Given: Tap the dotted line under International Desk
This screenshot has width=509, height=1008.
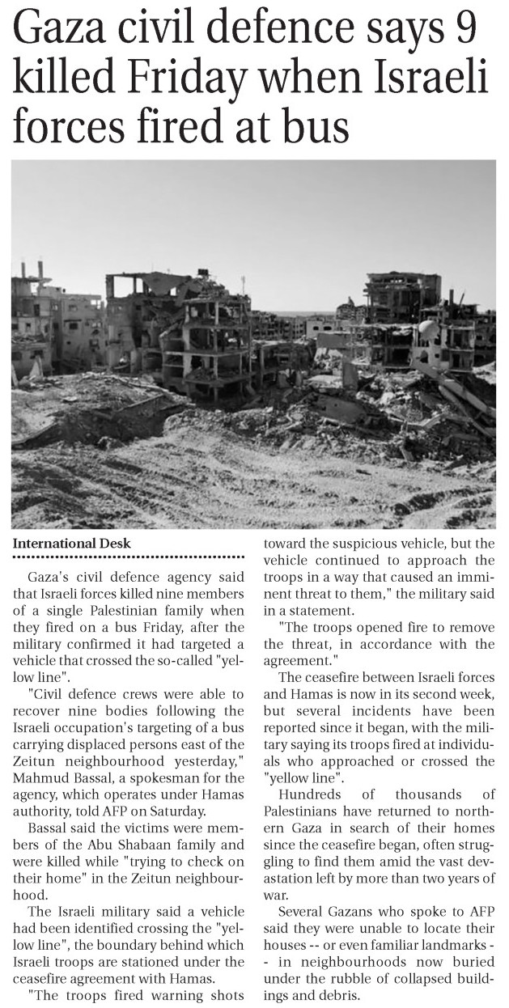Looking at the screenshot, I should tap(129, 557).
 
